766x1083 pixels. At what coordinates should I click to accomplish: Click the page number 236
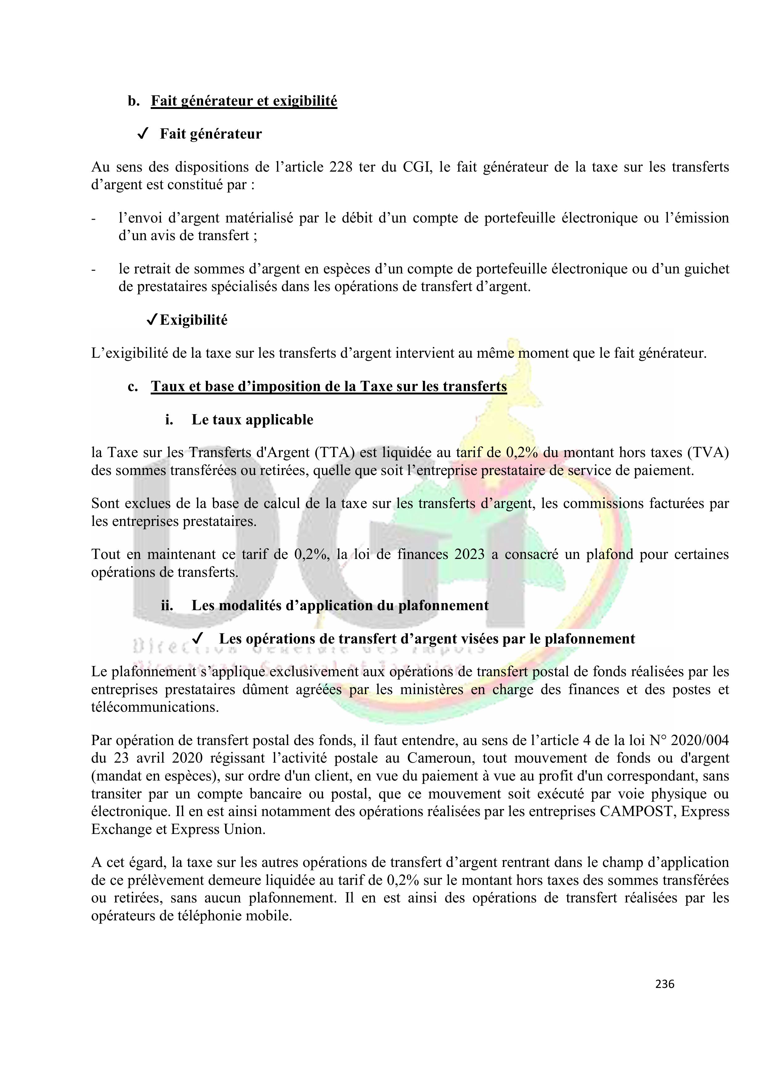664,984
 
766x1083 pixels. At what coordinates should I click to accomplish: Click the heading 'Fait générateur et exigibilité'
244,101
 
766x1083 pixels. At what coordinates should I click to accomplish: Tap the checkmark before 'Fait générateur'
143,134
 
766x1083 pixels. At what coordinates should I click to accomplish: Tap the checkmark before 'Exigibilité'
152,320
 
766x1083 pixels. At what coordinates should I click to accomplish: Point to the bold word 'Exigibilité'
194,320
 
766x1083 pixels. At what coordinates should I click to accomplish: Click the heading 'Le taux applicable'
252,419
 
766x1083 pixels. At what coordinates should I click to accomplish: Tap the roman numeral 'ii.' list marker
167,605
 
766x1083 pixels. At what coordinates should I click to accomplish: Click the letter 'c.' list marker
133,386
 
